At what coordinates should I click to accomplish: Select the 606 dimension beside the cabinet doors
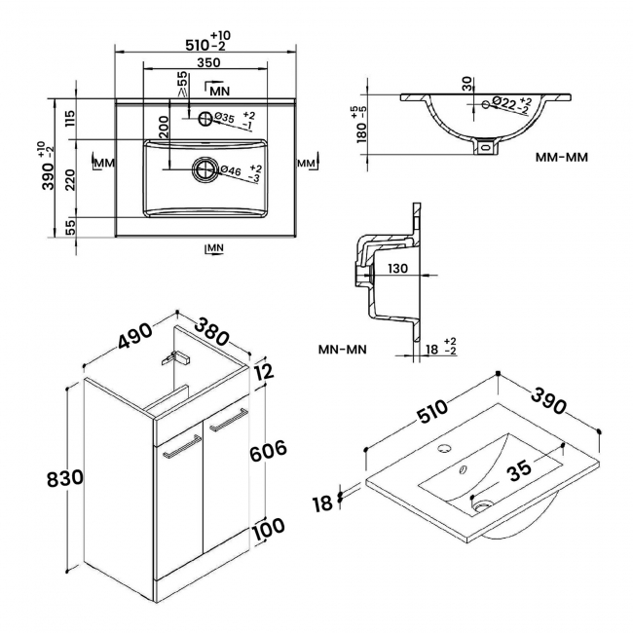click(x=269, y=450)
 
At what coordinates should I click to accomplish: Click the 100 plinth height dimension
click(x=267, y=527)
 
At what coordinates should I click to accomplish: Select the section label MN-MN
click(x=343, y=349)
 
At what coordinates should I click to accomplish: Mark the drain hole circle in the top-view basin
click(x=205, y=170)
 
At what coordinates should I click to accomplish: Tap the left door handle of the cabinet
click(x=175, y=451)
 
